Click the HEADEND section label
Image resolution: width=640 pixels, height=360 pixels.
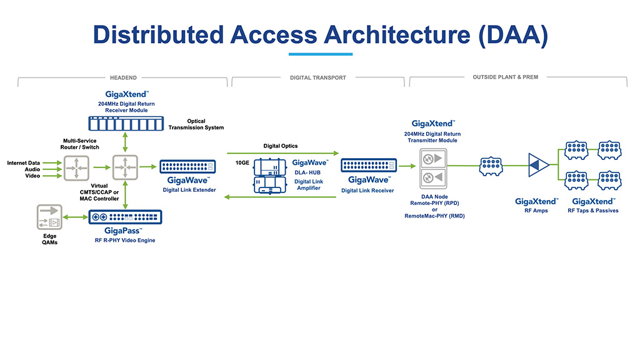[123, 77]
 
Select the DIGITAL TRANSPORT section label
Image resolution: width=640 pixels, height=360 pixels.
[318, 77]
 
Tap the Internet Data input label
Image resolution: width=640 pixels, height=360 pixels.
[24, 163]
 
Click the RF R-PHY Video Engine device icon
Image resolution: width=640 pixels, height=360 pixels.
[126, 217]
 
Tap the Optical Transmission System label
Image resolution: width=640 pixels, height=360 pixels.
[196, 124]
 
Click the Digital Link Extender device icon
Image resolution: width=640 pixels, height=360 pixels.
[187, 166]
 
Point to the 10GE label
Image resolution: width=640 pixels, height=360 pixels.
[242, 162]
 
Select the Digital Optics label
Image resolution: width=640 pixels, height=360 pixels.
[281, 146]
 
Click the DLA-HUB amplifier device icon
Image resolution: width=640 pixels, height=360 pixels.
[269, 175]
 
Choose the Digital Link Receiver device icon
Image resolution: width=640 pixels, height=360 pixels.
[367, 166]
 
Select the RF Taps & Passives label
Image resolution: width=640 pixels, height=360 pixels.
[593, 211]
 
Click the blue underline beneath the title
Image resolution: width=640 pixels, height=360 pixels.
[320, 54]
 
